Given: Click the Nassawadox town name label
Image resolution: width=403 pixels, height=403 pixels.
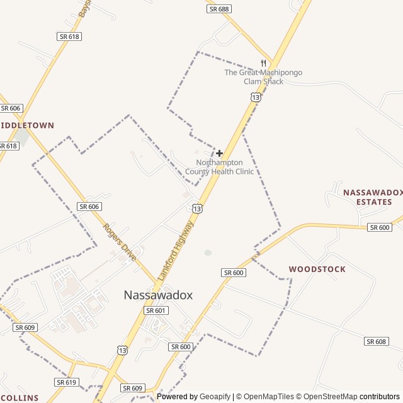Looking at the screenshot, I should (158, 295).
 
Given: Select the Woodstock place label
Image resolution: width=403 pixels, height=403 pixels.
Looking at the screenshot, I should (317, 269).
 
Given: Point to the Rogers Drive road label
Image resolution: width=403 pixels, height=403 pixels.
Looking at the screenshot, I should (119, 242).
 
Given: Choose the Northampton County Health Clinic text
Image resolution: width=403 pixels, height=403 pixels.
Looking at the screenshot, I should (219, 167).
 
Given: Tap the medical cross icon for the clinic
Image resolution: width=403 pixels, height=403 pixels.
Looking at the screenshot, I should (219, 153).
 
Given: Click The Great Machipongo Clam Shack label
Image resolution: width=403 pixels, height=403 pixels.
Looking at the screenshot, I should (263, 77).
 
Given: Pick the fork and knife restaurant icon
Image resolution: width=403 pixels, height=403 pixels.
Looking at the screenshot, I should (263, 63).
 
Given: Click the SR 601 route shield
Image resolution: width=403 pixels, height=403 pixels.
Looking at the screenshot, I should (156, 310).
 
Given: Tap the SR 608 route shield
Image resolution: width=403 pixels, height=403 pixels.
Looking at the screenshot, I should (376, 341).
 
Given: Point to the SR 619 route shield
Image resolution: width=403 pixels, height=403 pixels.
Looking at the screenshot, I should (66, 382).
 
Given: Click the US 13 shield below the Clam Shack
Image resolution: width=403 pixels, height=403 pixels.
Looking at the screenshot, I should (255, 97).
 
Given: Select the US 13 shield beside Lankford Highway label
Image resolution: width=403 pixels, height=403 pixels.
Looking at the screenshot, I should (198, 208).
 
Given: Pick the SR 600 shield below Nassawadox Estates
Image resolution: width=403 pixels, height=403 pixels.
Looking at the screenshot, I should (380, 227).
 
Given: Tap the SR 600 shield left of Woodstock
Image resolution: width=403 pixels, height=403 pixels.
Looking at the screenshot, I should (233, 272).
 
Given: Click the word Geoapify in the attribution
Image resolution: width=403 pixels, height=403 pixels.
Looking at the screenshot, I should (215, 397).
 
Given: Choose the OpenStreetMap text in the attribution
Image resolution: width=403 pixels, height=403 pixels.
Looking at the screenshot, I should (327, 397).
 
